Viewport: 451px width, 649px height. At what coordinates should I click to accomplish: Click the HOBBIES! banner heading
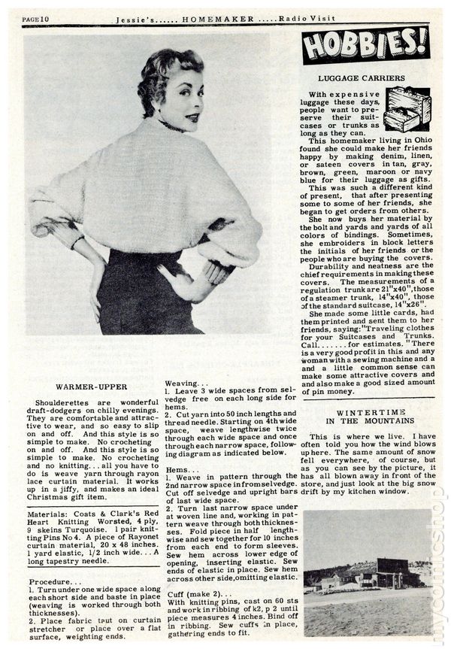click(x=366, y=46)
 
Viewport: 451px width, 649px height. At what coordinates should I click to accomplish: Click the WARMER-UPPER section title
click(x=89, y=386)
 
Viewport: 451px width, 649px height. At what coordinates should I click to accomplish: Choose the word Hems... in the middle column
click(x=180, y=469)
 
